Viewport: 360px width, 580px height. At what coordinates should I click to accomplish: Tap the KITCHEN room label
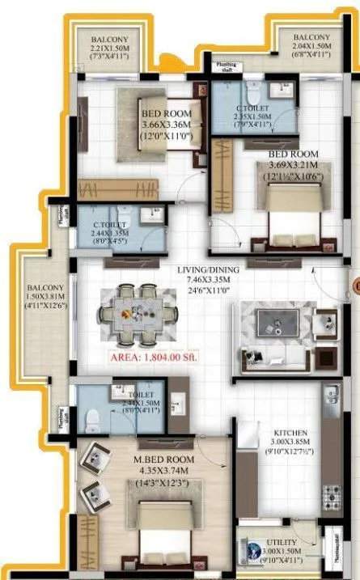click(x=286, y=433)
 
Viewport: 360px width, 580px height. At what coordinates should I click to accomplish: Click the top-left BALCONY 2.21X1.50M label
click(x=107, y=38)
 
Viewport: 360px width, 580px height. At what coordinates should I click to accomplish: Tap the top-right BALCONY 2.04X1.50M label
click(x=311, y=38)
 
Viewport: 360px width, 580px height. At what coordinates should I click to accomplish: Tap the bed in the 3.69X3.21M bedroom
click(x=286, y=212)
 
